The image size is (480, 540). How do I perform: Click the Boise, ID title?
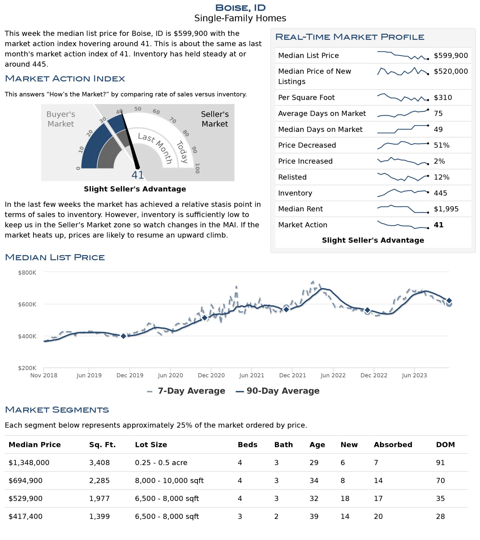pos(240,8)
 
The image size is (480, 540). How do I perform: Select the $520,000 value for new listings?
pos(450,71)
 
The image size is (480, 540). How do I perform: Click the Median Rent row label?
pos(300,209)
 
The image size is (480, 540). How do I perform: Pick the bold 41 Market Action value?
pos(438,225)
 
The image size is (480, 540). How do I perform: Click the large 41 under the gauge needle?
pos(137,175)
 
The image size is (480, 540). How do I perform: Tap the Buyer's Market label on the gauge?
pos(61,119)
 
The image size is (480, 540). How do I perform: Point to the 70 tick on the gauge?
pos(173,120)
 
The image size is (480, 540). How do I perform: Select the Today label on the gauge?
pos(182,152)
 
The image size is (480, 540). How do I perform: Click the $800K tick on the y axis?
pos(27,273)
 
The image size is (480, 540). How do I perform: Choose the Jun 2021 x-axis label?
pos(251,375)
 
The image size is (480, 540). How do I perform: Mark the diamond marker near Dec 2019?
pos(123,336)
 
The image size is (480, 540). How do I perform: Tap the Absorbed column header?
pos(393,445)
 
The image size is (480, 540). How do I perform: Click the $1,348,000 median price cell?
pos(29,463)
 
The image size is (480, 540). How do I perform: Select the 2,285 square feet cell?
pos(99,481)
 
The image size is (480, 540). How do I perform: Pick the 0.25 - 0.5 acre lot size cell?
pos(161,463)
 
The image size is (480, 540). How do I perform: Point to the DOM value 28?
pos(440,517)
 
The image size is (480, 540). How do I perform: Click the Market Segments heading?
pos(57,410)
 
